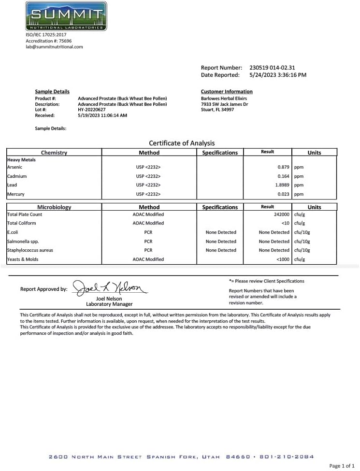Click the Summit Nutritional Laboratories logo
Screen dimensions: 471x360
click(66, 16)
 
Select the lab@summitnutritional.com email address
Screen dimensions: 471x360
click(54, 47)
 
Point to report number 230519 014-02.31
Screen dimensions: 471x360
click(272, 68)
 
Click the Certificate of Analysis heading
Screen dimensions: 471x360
click(182, 143)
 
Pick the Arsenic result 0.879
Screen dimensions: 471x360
click(283, 167)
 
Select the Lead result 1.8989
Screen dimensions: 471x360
click(281, 185)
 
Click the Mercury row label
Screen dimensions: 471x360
click(15, 194)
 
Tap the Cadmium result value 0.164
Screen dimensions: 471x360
click(283, 176)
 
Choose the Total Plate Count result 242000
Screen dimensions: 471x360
click(281, 214)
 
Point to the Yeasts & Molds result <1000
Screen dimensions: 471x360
click(283, 259)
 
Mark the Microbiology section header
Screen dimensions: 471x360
click(54, 207)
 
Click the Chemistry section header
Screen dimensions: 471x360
click(54, 153)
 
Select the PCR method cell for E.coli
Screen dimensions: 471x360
click(148, 232)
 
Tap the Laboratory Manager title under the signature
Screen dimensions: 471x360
click(109, 304)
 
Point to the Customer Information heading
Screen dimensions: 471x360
click(227, 91)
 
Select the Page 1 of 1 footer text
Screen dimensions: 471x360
click(342, 466)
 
